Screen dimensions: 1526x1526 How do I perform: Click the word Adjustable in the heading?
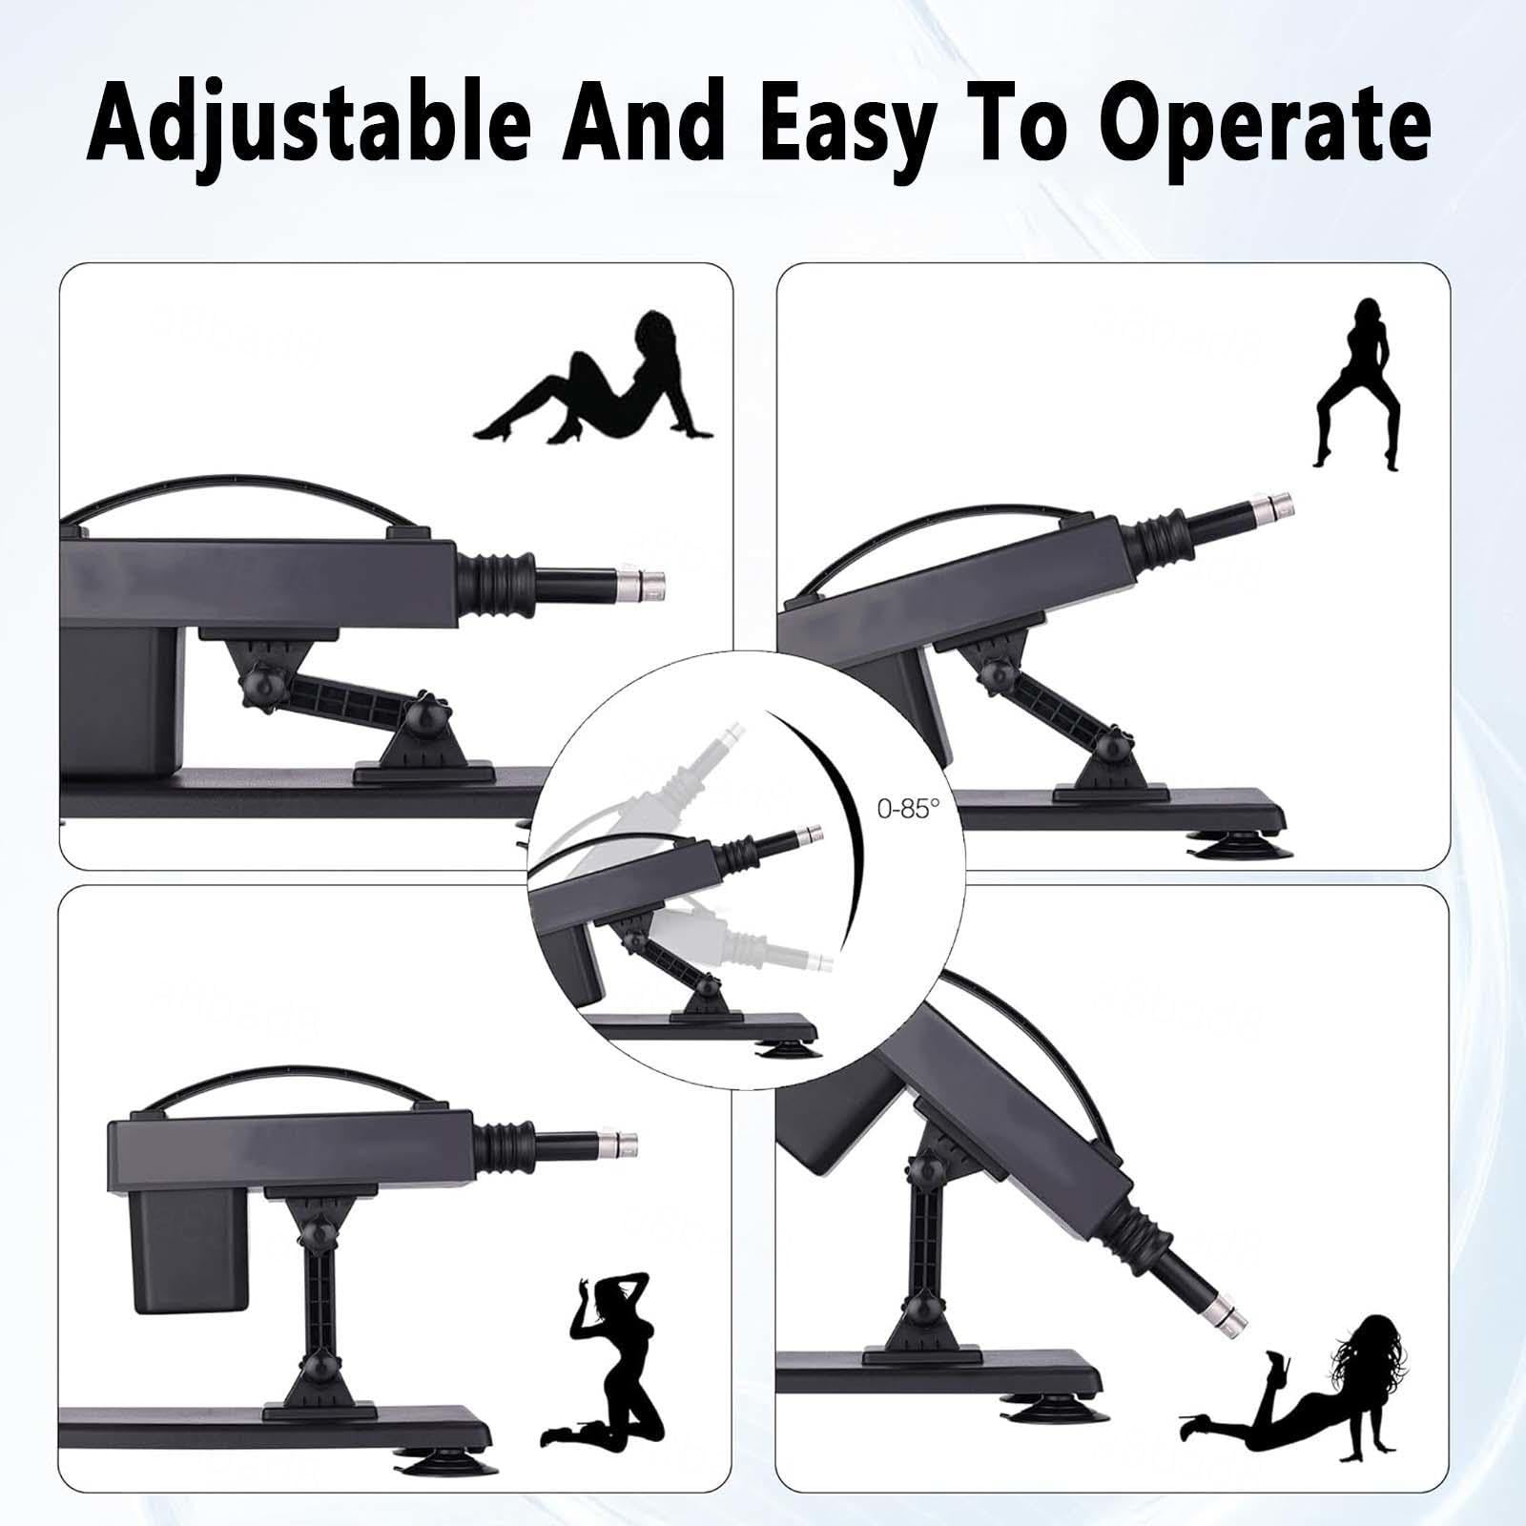(x=307, y=123)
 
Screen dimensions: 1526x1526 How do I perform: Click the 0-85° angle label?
(x=908, y=808)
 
